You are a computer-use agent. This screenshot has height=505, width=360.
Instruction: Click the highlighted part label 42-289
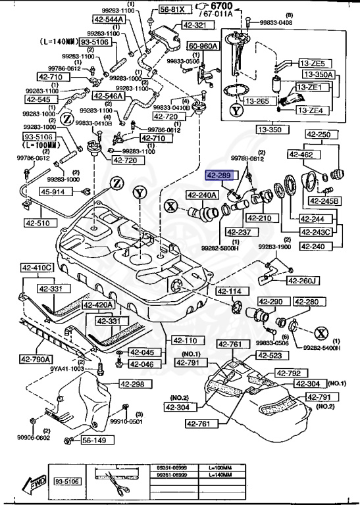(219, 176)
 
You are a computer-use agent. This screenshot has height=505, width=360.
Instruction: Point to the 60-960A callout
(205, 47)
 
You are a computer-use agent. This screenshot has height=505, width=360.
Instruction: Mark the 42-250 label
(321, 134)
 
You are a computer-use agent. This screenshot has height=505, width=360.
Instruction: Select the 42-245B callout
(324, 201)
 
